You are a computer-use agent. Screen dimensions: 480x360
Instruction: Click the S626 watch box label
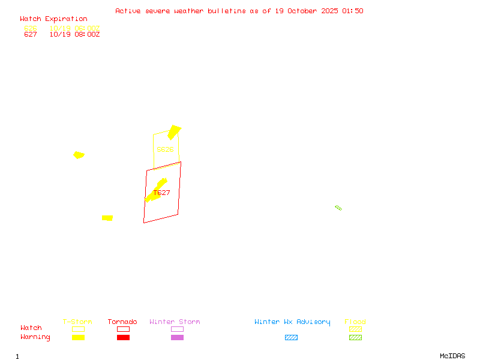(x=165, y=149)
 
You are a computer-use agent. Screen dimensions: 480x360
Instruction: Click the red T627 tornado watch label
(x=162, y=193)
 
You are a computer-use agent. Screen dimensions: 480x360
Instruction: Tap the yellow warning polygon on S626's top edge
(x=174, y=132)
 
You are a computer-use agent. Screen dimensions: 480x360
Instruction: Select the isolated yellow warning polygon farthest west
(x=79, y=155)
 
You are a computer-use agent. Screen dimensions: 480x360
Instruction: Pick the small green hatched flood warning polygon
(x=338, y=208)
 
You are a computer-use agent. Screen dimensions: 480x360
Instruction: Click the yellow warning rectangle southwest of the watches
(x=107, y=218)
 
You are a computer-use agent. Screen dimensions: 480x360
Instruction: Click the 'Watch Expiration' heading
(x=53, y=19)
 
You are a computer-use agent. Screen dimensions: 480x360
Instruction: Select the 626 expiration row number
(x=30, y=28)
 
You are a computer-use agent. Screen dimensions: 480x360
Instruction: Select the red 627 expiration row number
(x=30, y=34)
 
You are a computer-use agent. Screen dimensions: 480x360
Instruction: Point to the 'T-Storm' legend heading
(x=77, y=322)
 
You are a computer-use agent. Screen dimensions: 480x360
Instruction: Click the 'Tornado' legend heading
(x=122, y=322)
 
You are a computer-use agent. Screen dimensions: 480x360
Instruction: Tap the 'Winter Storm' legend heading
(x=175, y=322)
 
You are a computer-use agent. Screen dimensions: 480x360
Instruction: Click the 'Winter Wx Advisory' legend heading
(x=292, y=322)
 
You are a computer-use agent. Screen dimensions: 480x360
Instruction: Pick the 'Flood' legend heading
(x=355, y=322)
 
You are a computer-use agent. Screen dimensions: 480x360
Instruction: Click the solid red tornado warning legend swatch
(x=123, y=337)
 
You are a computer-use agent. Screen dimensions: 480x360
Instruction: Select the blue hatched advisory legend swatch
(x=291, y=337)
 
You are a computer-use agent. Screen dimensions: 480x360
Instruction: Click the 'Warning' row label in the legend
(x=35, y=337)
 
